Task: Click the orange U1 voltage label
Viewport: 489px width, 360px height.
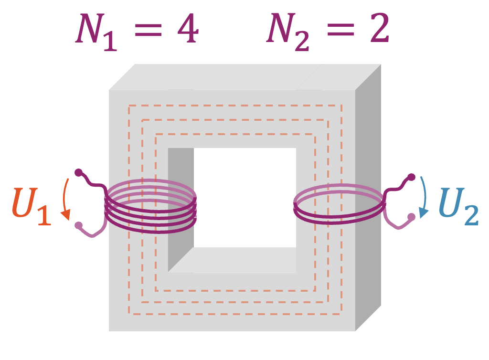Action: pyautogui.click(x=32, y=209)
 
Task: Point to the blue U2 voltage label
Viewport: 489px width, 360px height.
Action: pyautogui.click(x=458, y=209)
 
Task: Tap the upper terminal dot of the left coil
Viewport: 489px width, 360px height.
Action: pyautogui.click(x=79, y=172)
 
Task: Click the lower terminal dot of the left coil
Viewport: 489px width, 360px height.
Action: pyautogui.click(x=79, y=225)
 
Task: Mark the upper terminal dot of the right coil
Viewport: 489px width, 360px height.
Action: pyautogui.click(x=410, y=178)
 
